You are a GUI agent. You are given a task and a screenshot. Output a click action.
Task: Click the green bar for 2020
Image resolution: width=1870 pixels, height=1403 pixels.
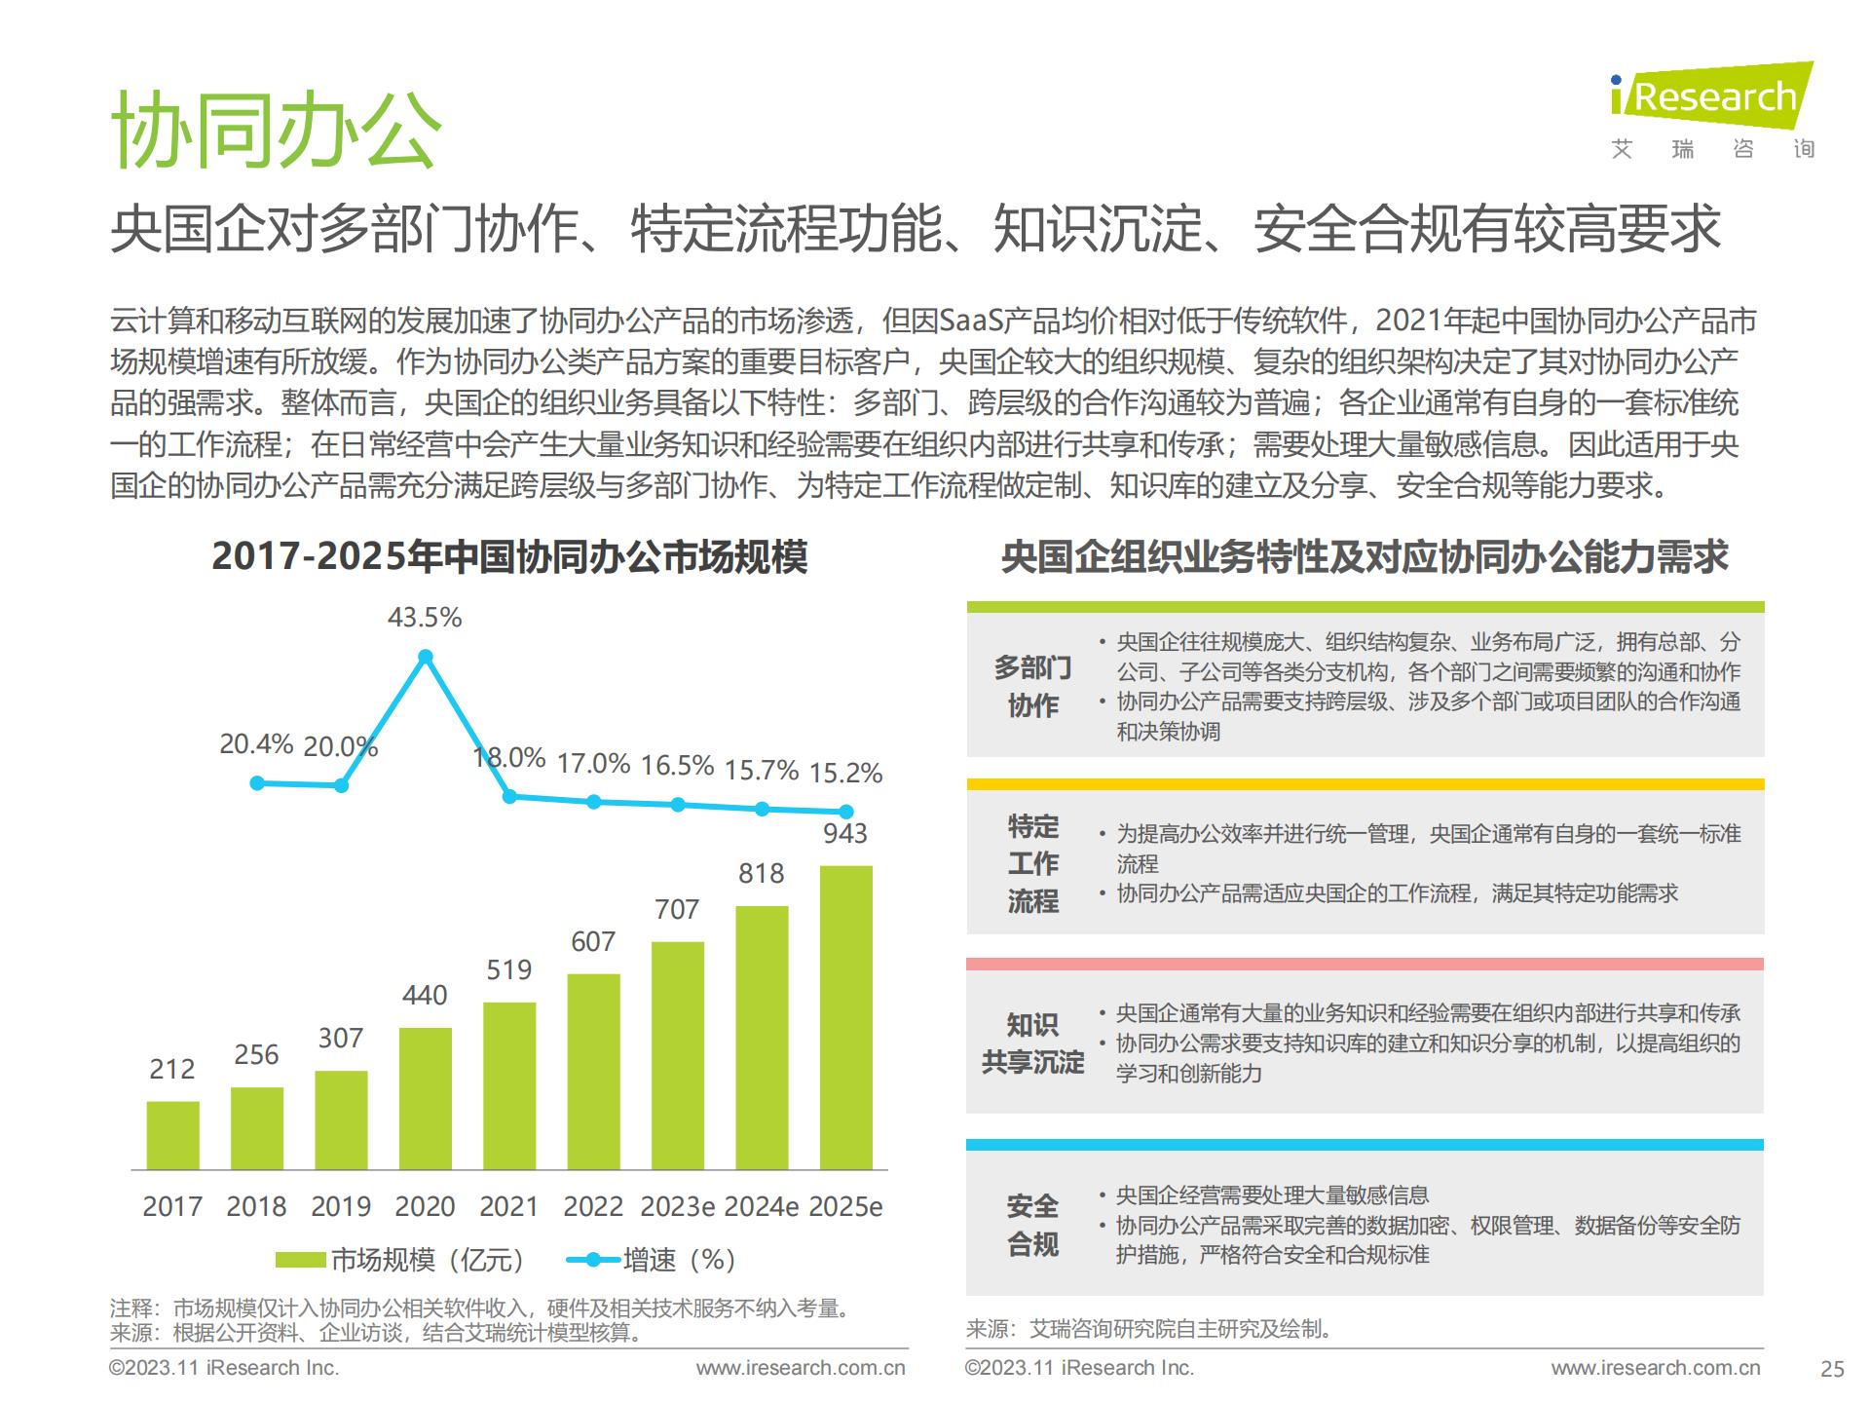[425, 1098]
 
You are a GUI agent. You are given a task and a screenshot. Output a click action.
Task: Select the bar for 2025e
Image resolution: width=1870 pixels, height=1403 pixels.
[845, 1017]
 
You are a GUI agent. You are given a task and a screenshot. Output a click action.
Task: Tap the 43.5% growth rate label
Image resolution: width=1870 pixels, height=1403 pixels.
[425, 618]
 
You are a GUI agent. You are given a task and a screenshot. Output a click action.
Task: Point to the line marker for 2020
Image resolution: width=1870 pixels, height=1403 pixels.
[425, 657]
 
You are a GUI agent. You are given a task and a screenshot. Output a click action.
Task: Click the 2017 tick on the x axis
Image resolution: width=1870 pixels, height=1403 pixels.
[172, 1206]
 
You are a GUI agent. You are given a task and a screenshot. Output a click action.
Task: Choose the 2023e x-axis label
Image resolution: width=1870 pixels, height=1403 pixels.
[677, 1206]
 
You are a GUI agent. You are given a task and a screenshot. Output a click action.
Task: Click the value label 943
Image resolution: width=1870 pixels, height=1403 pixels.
[845, 833]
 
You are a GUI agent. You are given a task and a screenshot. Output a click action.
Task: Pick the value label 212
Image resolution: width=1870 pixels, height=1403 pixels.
[172, 1069]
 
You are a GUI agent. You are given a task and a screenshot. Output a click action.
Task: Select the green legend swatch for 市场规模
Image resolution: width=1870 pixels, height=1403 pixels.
[299, 1260]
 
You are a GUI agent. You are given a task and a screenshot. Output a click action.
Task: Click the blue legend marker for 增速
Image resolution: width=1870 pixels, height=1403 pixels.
[592, 1260]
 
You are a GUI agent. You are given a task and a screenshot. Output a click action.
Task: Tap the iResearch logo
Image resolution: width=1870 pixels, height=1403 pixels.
[1711, 97]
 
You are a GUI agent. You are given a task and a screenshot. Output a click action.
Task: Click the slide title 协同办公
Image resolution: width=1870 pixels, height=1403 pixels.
[277, 130]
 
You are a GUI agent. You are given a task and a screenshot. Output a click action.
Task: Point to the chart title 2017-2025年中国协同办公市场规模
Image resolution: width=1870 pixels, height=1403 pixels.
[509, 557]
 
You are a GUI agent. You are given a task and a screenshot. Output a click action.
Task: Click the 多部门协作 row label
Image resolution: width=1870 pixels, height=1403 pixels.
[1032, 686]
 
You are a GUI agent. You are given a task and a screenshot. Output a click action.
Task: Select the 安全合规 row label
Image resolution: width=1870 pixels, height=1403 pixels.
[1032, 1225]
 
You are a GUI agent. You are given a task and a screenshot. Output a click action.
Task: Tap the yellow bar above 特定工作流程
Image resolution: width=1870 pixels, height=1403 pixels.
[1365, 784]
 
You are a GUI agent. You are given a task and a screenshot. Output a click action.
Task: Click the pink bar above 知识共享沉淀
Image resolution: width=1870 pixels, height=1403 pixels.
[1365, 964]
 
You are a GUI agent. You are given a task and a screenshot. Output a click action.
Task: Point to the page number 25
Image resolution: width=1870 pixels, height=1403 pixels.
[1832, 1369]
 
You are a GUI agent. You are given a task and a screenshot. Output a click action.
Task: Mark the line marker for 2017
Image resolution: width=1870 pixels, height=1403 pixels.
[257, 782]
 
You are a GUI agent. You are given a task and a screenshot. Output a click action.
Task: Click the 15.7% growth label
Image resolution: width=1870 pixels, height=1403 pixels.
[761, 771]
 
